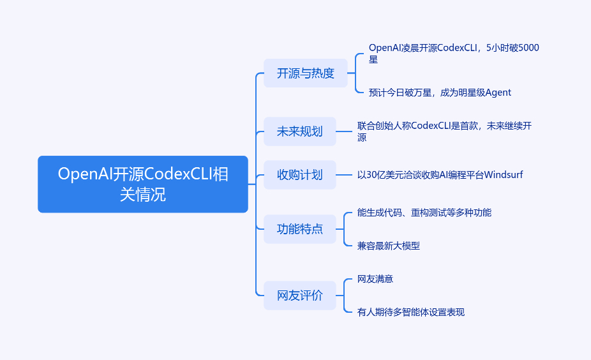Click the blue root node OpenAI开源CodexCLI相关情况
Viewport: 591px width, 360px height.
[x=143, y=184]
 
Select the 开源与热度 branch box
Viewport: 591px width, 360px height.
[x=305, y=73]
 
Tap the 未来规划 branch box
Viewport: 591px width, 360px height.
[x=299, y=132]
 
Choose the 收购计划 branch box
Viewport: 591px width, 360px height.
[x=299, y=175]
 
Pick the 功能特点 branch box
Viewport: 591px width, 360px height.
[x=299, y=229]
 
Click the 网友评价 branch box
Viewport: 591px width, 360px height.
[x=299, y=296]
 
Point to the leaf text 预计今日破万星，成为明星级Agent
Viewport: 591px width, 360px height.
[x=440, y=93]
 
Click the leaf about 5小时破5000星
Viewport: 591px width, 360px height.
[x=453, y=53]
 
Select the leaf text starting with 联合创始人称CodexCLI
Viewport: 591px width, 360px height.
[x=444, y=131]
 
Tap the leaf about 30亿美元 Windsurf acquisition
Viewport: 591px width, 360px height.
[x=440, y=174]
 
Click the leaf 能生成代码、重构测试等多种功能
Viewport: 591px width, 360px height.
[x=424, y=213]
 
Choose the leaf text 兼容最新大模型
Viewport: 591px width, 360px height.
[x=389, y=246]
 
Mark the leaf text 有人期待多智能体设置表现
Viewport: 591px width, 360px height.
[x=411, y=312]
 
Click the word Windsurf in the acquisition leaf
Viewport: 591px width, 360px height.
[x=504, y=174]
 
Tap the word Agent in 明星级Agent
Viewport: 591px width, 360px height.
[x=498, y=93]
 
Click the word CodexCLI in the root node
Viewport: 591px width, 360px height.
[x=178, y=174]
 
